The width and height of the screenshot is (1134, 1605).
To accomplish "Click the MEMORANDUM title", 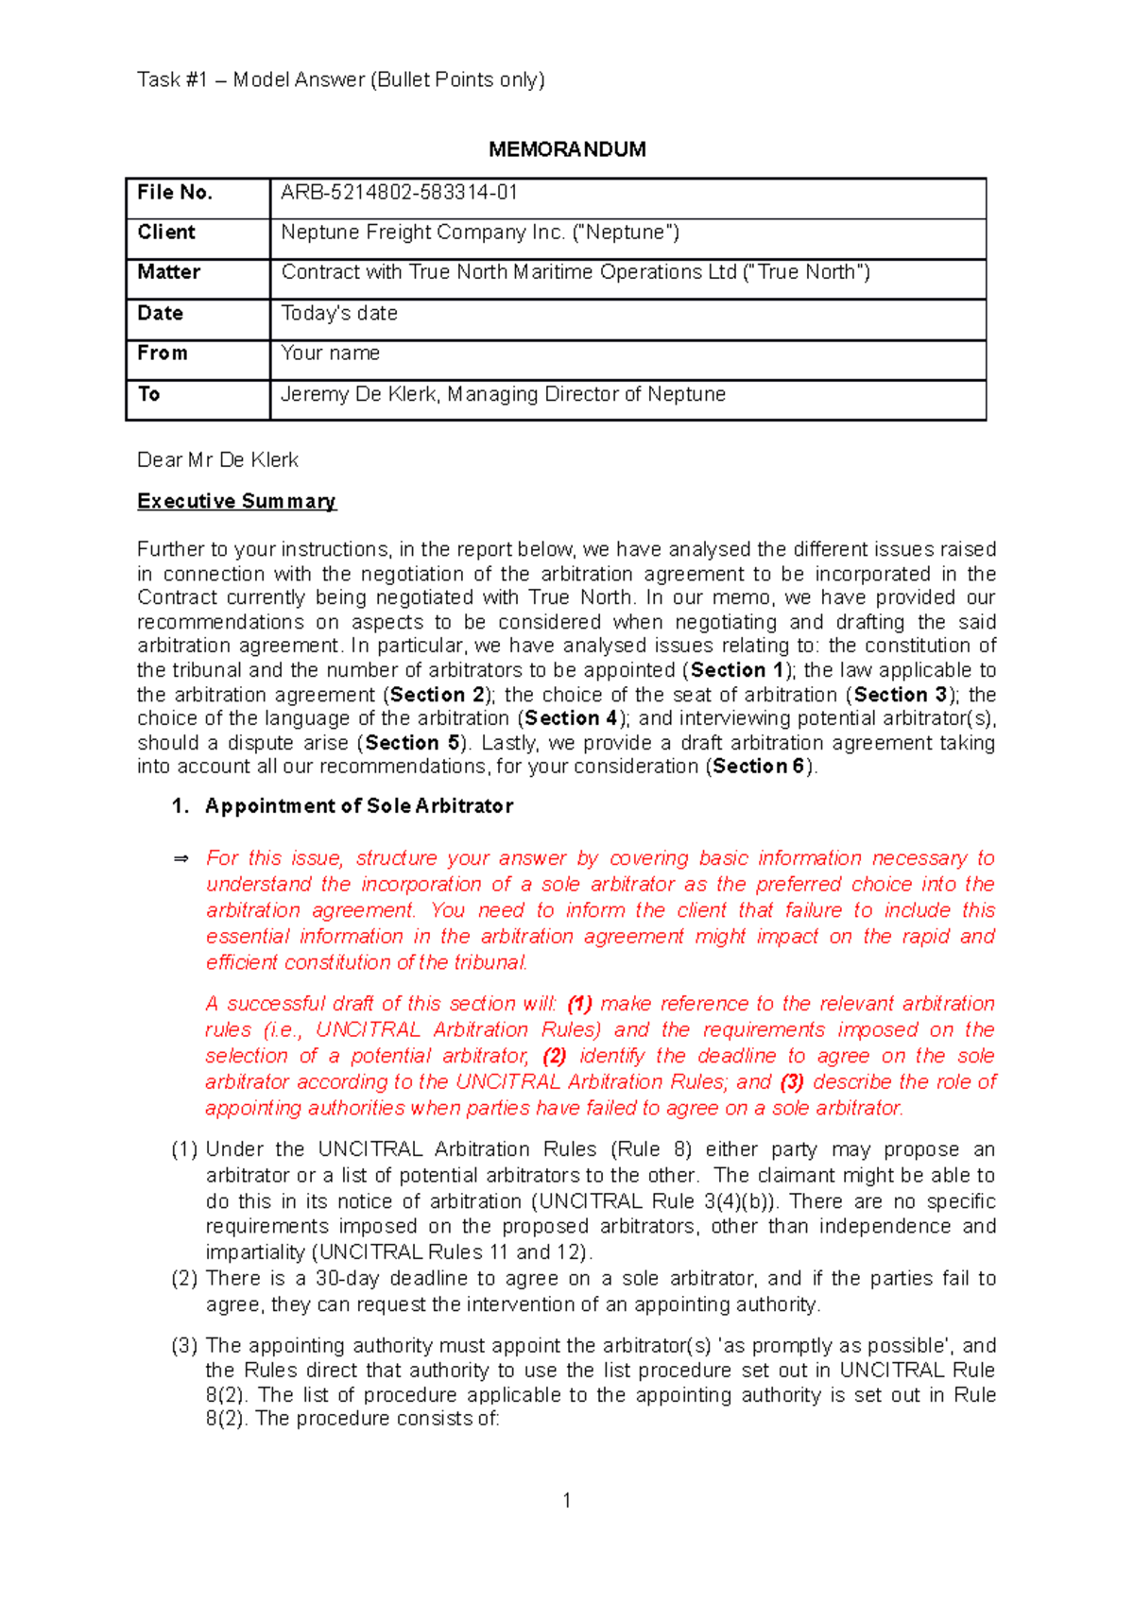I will click(567, 149).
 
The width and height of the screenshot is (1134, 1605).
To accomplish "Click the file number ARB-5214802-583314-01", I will click(399, 193).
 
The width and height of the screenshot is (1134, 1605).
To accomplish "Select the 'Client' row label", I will click(166, 233).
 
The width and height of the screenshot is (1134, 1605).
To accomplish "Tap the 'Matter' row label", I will click(169, 272).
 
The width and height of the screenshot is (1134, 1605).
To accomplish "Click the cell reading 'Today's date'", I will click(339, 313).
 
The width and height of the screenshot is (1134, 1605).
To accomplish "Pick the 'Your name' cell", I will click(331, 354).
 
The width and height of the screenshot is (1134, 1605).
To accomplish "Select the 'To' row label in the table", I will click(149, 394).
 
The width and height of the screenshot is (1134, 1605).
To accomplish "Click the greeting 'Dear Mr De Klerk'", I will click(217, 460).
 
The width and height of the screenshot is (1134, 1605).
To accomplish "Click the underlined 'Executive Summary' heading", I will click(236, 501).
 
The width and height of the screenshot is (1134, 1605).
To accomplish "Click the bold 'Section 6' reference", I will click(759, 767).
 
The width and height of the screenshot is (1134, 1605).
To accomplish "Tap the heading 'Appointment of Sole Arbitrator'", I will click(359, 806).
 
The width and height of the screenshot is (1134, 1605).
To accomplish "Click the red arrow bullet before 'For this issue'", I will click(181, 858).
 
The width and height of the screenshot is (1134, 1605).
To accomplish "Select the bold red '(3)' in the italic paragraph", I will click(792, 1082).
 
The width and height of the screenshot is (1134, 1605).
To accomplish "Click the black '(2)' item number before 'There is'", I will click(184, 1279).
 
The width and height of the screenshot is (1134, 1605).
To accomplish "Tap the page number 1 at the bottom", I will click(566, 1500).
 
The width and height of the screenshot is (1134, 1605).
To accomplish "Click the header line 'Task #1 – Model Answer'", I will click(341, 80).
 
